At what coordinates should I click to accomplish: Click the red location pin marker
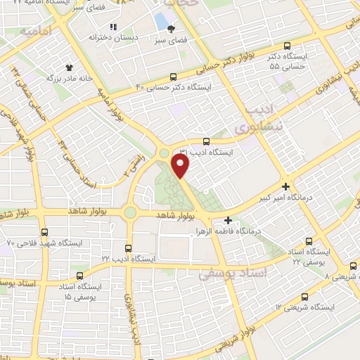tap(181, 166)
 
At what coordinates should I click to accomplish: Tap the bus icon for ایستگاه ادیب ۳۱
tap(205, 141)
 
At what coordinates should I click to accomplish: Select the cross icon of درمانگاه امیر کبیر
tap(285, 186)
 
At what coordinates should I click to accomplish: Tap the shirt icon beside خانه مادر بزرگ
tap(69, 68)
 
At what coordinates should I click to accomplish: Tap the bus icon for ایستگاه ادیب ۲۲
tap(128, 247)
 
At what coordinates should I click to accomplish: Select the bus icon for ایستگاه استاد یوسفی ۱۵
tap(79, 276)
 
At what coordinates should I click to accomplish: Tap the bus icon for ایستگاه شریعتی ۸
tap(353, 266)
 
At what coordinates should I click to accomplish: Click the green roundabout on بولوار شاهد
tap(130, 212)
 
